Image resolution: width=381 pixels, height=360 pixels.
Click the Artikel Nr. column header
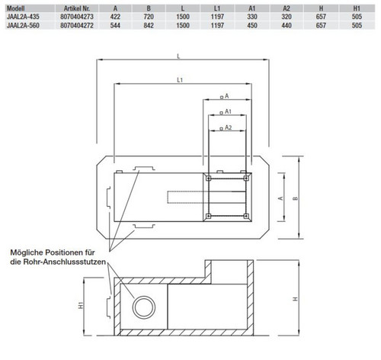(x=77, y=8)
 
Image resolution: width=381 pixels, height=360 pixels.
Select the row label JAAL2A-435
(x=23, y=17)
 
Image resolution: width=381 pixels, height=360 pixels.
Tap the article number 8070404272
(x=77, y=25)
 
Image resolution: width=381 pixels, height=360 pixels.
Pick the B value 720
(x=149, y=17)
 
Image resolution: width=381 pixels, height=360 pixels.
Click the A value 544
(x=115, y=25)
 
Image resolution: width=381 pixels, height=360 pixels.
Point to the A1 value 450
(x=252, y=25)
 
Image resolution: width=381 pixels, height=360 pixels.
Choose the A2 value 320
(x=287, y=17)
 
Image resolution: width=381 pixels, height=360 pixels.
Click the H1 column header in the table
(x=357, y=8)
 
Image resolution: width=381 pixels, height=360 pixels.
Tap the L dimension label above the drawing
(x=178, y=56)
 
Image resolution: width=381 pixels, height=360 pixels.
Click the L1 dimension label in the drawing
(x=180, y=80)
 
